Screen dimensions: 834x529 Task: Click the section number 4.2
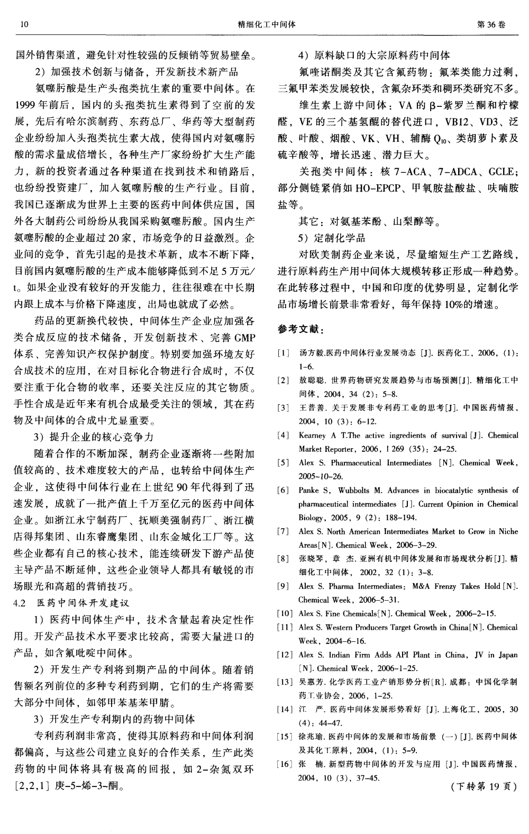click(x=20, y=603)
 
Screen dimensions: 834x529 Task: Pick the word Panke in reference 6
click(x=308, y=490)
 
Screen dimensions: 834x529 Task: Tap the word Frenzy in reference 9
click(x=436, y=586)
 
